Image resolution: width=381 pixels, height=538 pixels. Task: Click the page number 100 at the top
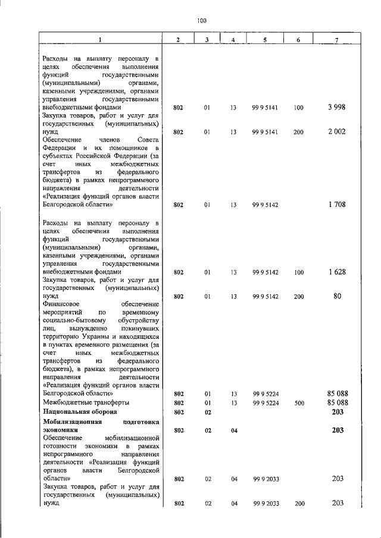201,21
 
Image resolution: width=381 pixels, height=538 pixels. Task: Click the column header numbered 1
101,40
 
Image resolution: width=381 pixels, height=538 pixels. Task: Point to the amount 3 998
336,108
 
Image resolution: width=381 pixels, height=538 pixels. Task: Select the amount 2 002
336,132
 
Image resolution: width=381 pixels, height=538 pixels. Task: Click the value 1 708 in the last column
336,205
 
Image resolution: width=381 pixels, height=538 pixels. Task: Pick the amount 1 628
336,272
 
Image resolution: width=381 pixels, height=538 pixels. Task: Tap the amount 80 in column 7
337,295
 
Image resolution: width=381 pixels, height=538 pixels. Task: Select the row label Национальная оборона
80,411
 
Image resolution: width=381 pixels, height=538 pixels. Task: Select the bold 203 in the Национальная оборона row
338,411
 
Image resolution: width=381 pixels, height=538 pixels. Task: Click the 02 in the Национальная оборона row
208,411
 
